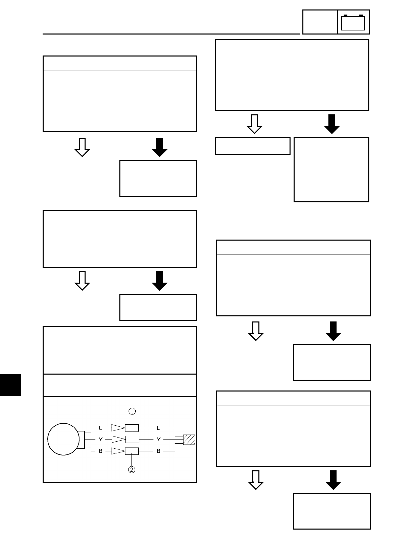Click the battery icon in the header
pyautogui.click(x=353, y=23)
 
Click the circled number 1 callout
pyautogui.click(x=132, y=411)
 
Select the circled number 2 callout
pyautogui.click(x=132, y=469)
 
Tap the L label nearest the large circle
pyautogui.click(x=100, y=428)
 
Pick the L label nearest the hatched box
pyautogui.click(x=158, y=428)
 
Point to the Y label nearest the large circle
pyautogui.click(x=100, y=440)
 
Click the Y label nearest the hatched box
pyautogui.click(x=158, y=440)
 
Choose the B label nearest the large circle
pyautogui.click(x=100, y=451)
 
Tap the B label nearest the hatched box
pyautogui.click(x=158, y=451)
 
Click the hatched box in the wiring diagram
pyautogui.click(x=189, y=440)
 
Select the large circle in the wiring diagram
pyautogui.click(x=63, y=440)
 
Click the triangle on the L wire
pyautogui.click(x=118, y=428)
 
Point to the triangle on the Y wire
pyautogui.click(x=118, y=440)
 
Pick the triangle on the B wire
pyautogui.click(x=118, y=451)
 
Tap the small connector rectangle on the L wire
pyautogui.click(x=132, y=428)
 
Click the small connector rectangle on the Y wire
pyautogui.click(x=132, y=440)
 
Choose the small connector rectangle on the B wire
pyautogui.click(x=132, y=451)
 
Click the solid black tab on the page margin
pyautogui.click(x=10, y=385)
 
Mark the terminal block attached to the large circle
pyautogui.click(x=81, y=440)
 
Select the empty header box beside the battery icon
pyautogui.click(x=320, y=22)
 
